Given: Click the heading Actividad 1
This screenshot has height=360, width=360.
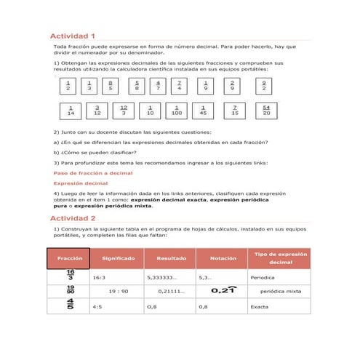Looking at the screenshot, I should tap(72, 36).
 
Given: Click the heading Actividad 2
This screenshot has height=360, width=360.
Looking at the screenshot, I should tap(72, 218).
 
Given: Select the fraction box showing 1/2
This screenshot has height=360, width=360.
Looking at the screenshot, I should tap(68, 87).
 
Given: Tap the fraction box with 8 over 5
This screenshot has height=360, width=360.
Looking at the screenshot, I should tap(110, 87).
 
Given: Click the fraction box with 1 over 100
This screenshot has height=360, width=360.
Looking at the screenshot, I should tap(177, 111).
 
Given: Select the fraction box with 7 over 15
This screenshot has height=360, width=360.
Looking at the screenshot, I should tap(235, 111).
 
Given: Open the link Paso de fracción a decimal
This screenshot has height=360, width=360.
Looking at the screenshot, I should tap(93, 174).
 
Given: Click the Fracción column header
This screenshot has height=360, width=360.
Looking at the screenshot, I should tap(69, 258).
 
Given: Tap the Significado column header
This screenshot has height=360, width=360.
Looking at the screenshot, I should tap(117, 258).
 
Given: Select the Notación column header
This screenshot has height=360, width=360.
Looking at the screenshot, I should tap(222, 258).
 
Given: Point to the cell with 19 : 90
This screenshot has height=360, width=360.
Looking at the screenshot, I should tap(118, 292).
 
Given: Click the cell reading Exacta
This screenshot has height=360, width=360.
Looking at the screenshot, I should tap(260, 307).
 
